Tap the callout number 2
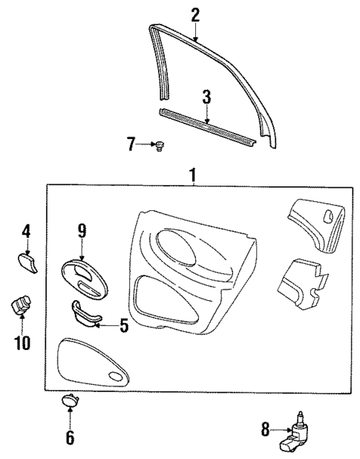tap(195, 14)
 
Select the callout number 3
tap(208, 97)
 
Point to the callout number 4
tap(25, 231)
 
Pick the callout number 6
tap(70, 437)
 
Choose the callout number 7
tap(131, 144)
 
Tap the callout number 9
tap(81, 231)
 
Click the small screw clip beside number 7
tap(158, 146)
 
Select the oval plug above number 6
tap(70, 402)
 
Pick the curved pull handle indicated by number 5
tap(87, 314)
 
